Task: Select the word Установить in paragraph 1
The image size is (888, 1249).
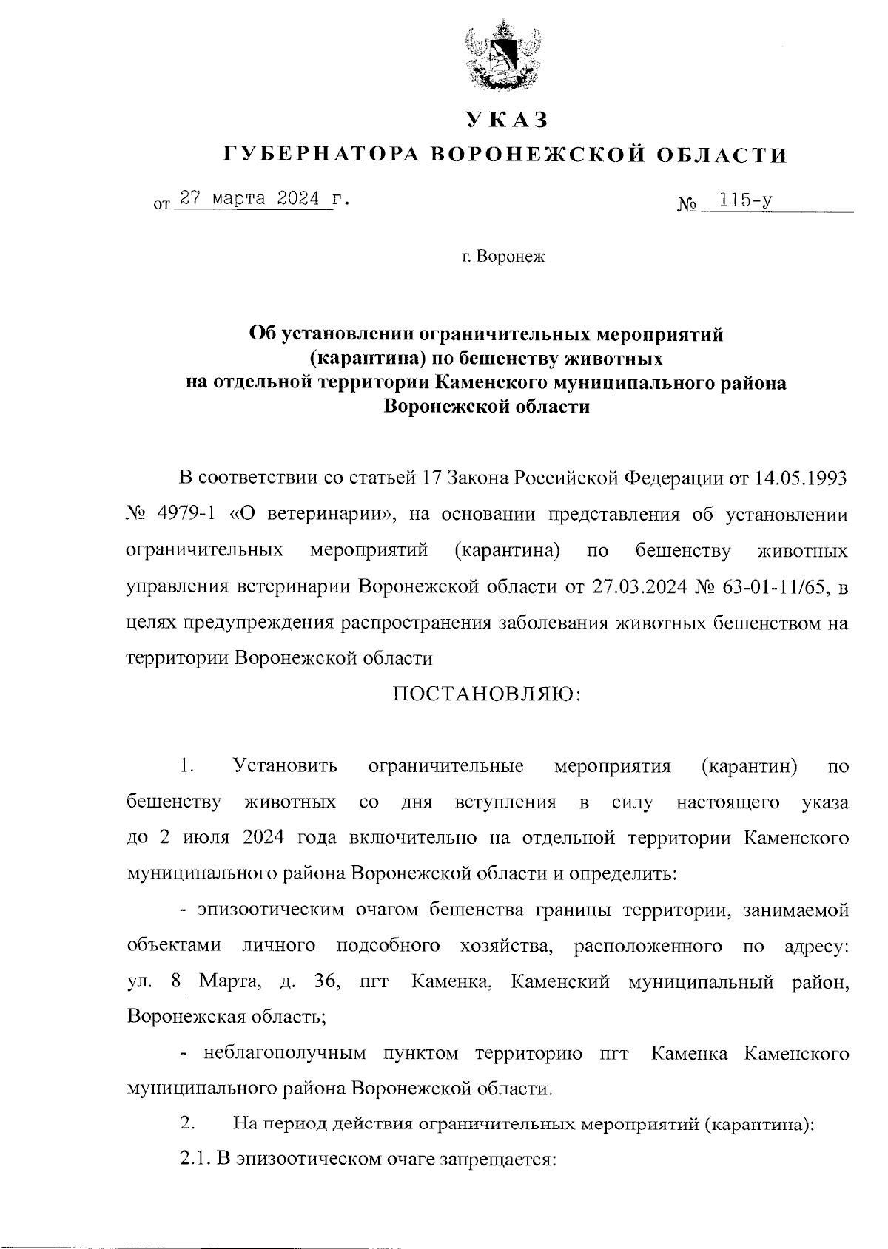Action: click(285, 765)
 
